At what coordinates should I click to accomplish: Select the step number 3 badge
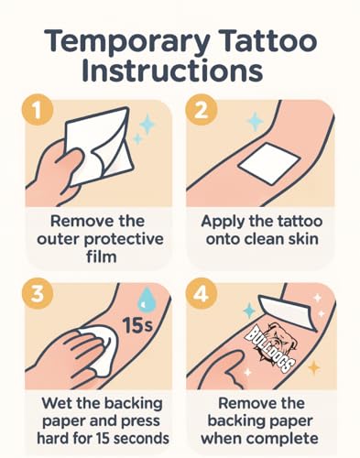tap(38, 294)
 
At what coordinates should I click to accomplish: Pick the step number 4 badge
tap(202, 294)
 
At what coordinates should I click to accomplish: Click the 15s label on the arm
tap(137, 325)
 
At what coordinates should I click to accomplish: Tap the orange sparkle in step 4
tap(313, 367)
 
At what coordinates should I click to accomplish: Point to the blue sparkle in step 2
tap(256, 122)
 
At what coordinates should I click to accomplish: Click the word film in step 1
tap(102, 256)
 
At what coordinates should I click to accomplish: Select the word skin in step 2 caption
tap(301, 238)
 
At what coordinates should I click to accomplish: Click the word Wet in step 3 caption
tap(57, 403)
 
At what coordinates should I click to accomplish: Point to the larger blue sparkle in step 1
tap(147, 124)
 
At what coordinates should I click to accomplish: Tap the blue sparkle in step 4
tap(249, 311)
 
